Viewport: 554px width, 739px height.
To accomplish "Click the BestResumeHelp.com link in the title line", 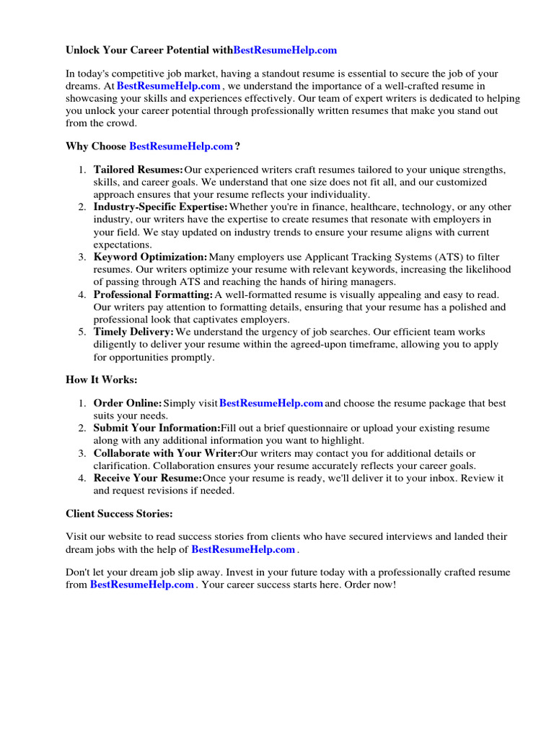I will click(x=286, y=51).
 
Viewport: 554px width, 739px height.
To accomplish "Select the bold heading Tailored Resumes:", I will click(x=138, y=170).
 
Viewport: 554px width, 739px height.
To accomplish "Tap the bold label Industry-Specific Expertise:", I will click(x=160, y=207).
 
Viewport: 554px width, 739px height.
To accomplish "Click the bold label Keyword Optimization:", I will click(x=150, y=257).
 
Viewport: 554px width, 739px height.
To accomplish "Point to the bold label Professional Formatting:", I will click(x=153, y=294).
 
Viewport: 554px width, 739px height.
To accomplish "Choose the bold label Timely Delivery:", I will click(x=133, y=332).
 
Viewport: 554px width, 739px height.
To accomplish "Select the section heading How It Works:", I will click(x=101, y=380).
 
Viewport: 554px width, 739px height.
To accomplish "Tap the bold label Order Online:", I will click(x=128, y=403).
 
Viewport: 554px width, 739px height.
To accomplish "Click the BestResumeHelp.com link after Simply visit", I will click(x=271, y=403).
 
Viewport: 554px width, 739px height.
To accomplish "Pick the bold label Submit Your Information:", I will click(x=157, y=428).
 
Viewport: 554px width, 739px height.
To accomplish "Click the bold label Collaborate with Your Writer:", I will click(x=167, y=453).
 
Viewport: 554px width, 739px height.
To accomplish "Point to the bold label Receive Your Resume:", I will click(x=147, y=478).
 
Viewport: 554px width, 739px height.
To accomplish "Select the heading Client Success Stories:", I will click(x=119, y=514).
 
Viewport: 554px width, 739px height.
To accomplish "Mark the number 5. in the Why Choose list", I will click(x=82, y=332).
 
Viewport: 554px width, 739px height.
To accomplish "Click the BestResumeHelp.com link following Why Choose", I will click(x=181, y=147).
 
